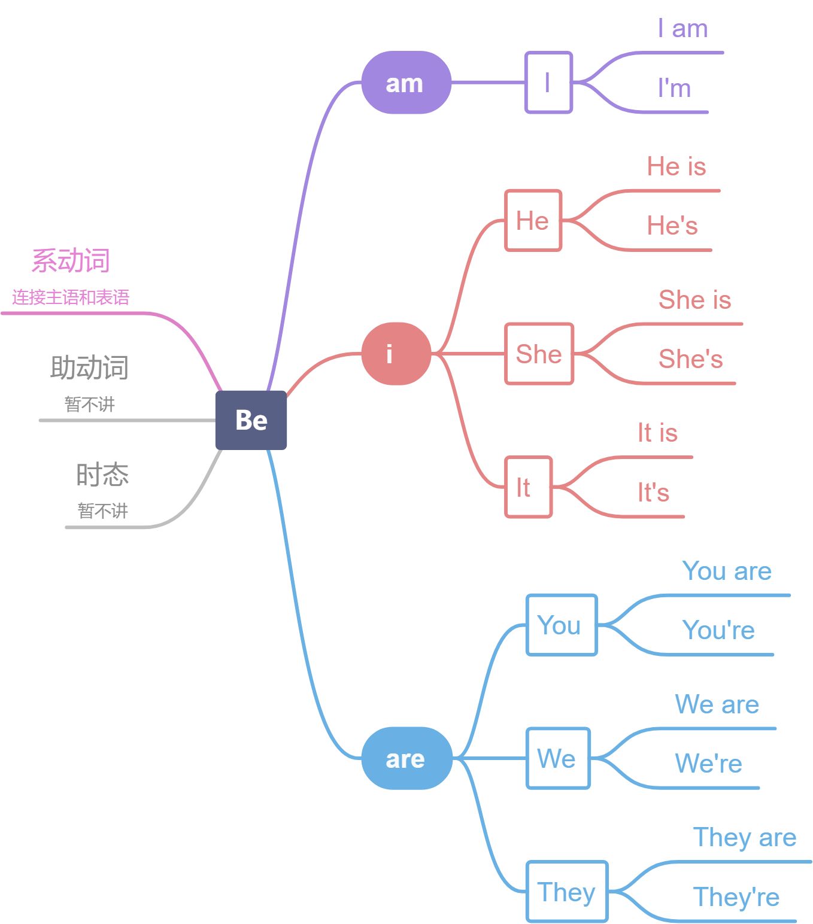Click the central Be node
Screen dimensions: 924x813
(x=251, y=420)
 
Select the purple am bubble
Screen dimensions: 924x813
(x=406, y=83)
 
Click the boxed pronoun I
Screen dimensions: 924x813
(x=548, y=83)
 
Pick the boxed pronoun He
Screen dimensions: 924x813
(x=533, y=221)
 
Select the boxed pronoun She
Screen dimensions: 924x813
(x=539, y=354)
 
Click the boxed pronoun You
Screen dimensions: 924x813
(x=561, y=625)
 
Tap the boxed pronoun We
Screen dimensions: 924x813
(x=557, y=758)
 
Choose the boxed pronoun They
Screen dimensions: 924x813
(x=566, y=892)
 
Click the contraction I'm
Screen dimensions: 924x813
(x=674, y=89)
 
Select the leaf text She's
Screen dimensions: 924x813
(x=690, y=359)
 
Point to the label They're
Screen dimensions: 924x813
(x=736, y=897)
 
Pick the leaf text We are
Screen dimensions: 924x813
(x=717, y=704)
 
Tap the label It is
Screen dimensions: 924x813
(x=657, y=433)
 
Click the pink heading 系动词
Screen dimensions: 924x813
(x=71, y=261)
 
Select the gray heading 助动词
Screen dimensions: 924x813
(x=89, y=367)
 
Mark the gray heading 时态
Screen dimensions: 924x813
(x=102, y=475)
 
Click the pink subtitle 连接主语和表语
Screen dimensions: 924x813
(x=71, y=297)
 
